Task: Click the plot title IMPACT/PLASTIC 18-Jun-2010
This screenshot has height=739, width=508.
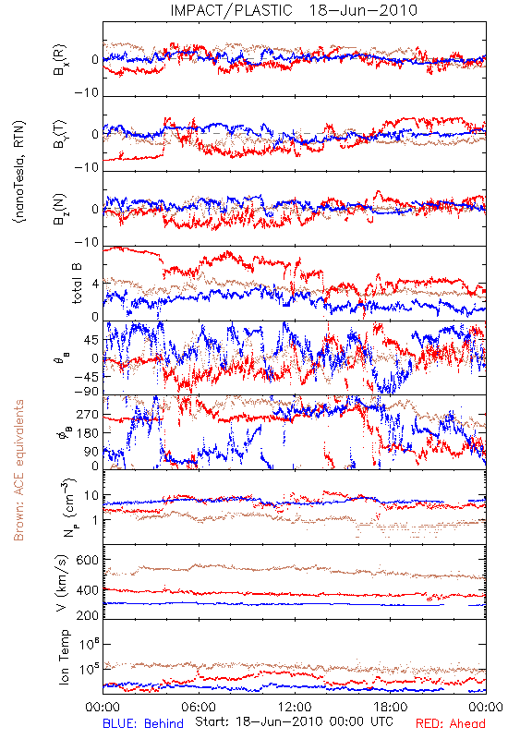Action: pyautogui.click(x=294, y=10)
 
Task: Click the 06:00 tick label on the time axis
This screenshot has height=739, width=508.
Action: pyautogui.click(x=199, y=707)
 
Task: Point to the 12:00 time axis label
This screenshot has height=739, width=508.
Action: pyautogui.click(x=295, y=707)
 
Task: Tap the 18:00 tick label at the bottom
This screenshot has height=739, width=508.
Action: pyautogui.click(x=391, y=707)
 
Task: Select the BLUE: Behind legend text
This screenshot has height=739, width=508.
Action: pyautogui.click(x=143, y=723)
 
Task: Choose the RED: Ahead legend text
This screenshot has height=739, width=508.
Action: pyautogui.click(x=451, y=723)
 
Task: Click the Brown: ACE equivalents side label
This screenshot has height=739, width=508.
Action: pyautogui.click(x=18, y=470)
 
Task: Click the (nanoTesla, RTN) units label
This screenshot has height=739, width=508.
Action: pyautogui.click(x=19, y=171)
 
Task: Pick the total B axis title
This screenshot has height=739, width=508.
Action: pyautogui.click(x=76, y=284)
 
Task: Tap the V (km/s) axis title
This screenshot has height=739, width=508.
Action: pyautogui.click(x=62, y=583)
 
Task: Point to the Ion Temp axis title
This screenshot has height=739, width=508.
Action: pyautogui.click(x=64, y=657)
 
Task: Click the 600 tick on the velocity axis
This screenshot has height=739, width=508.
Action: pyautogui.click(x=87, y=560)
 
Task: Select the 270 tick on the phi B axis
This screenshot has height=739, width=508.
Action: pyautogui.click(x=88, y=415)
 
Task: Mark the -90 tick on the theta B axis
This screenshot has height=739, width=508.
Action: pyautogui.click(x=87, y=391)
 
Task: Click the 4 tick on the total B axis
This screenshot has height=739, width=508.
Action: pyautogui.click(x=96, y=284)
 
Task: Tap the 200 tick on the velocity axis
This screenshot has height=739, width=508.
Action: pyautogui.click(x=87, y=615)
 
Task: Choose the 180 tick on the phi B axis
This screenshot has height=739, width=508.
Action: pyautogui.click(x=88, y=433)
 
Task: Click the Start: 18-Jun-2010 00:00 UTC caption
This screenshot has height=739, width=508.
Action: pyautogui.click(x=295, y=721)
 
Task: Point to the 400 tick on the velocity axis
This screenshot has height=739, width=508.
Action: pyautogui.click(x=87, y=590)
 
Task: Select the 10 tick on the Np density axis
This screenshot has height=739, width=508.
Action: pyautogui.click(x=91, y=496)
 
